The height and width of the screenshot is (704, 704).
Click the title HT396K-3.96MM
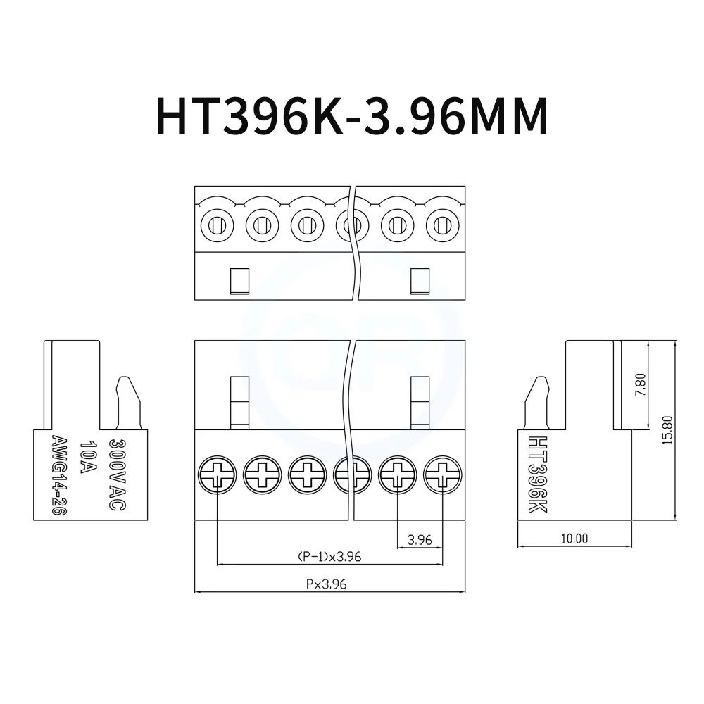click(351, 115)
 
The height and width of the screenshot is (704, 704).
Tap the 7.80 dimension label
click(641, 384)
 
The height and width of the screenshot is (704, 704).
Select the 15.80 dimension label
click(667, 429)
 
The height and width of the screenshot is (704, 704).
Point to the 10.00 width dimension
click(574, 539)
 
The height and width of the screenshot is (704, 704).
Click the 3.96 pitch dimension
click(420, 541)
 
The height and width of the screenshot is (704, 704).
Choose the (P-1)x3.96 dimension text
click(329, 557)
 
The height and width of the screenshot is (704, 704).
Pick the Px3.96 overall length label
click(326, 584)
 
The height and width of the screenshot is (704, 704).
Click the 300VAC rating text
click(116, 474)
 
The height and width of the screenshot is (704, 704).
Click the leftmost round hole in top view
click(217, 226)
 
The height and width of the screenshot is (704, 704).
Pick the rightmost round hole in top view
click(442, 226)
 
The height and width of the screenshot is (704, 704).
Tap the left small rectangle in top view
click(239, 279)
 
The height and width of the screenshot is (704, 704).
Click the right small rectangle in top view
click(420, 279)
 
